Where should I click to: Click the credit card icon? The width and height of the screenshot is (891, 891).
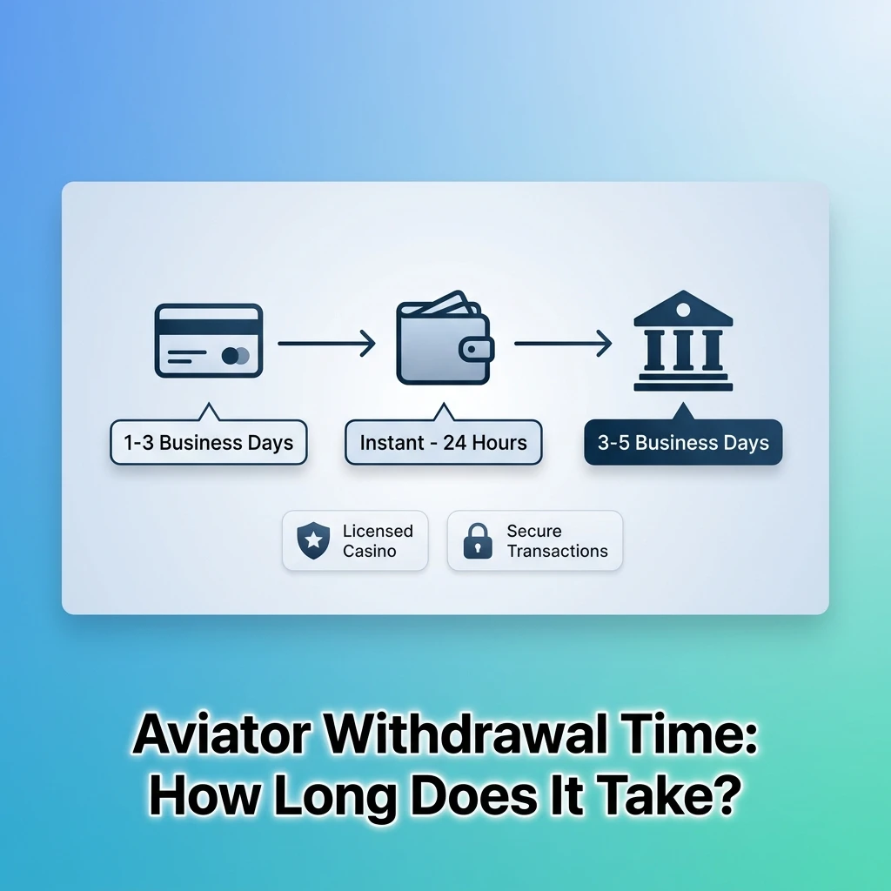coord(209,340)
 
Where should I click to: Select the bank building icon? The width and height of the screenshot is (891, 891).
coord(683,341)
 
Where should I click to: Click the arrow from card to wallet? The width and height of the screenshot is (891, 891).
coord(326,344)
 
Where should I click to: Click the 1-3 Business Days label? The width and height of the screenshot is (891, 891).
coord(209,443)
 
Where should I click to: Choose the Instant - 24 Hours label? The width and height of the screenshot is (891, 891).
coord(444,443)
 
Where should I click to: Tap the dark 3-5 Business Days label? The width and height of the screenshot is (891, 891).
coord(683,443)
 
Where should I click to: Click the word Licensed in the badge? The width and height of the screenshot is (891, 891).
coord(378,531)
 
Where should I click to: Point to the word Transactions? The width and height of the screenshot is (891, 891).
coord(557,551)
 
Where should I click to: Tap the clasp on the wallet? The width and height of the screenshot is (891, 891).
coord(476,350)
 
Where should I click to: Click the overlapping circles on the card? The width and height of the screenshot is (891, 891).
coord(235,355)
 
